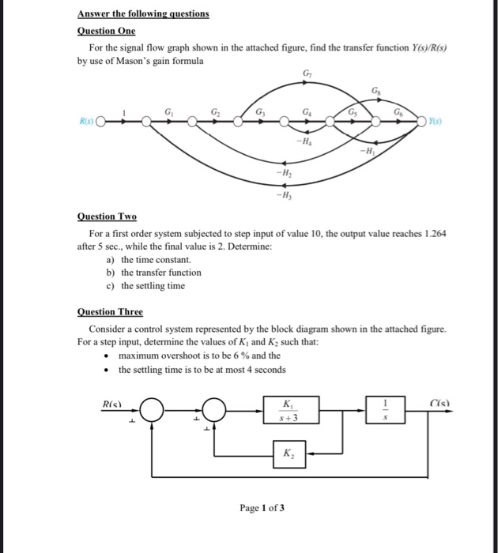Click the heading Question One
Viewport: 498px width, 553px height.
pos(106,31)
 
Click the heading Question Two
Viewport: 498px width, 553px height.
pos(107,216)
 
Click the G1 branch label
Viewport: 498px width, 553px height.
pos(167,113)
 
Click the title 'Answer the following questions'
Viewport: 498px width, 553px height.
pos(143,13)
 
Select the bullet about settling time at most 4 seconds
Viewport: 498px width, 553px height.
pos(202,370)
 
